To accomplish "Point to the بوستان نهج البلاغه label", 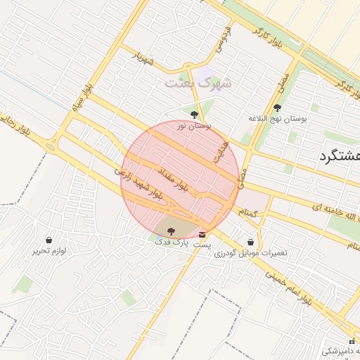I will (278, 119).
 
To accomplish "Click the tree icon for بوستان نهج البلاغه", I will (277, 108).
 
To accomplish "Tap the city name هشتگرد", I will (338, 155).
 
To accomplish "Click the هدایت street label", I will (222, 148).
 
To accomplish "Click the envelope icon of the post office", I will (202, 234).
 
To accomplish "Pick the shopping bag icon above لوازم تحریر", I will (48, 240).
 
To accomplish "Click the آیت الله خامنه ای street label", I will (323, 205).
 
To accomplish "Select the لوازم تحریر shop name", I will (49, 250).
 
